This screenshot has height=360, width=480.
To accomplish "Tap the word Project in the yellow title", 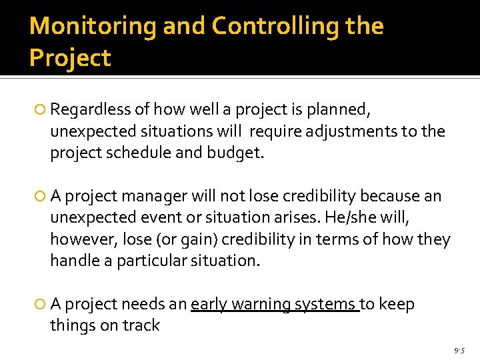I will point(70,58).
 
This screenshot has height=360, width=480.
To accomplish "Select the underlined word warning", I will point(263,304).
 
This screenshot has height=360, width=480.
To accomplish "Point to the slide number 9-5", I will point(459,350).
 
